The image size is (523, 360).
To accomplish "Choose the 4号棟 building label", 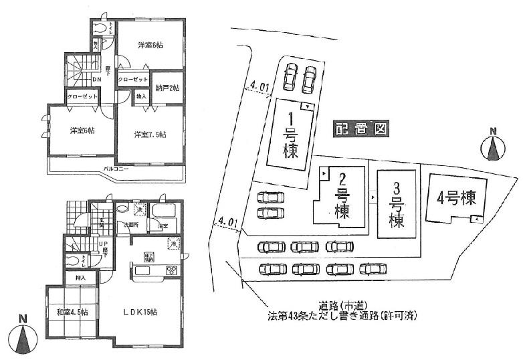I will pos(457,199).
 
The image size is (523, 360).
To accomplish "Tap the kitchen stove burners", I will pos(171,270).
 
